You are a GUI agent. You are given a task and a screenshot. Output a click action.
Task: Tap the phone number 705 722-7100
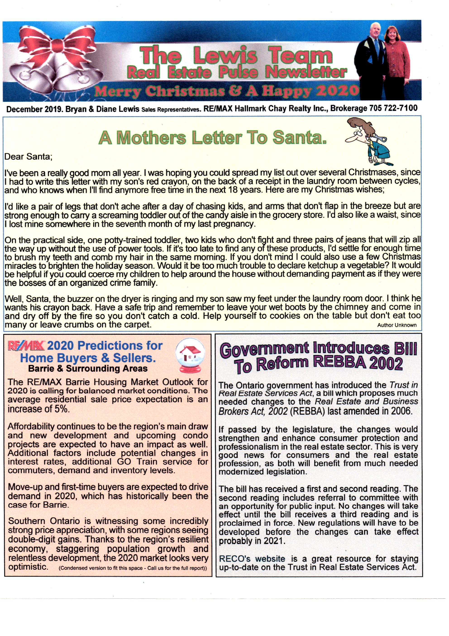click(393, 108)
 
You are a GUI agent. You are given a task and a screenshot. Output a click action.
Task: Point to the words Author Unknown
click(397, 325)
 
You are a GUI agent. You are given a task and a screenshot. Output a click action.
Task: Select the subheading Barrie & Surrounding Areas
click(88, 369)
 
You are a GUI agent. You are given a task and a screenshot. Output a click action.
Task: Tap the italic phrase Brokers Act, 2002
click(253, 411)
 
